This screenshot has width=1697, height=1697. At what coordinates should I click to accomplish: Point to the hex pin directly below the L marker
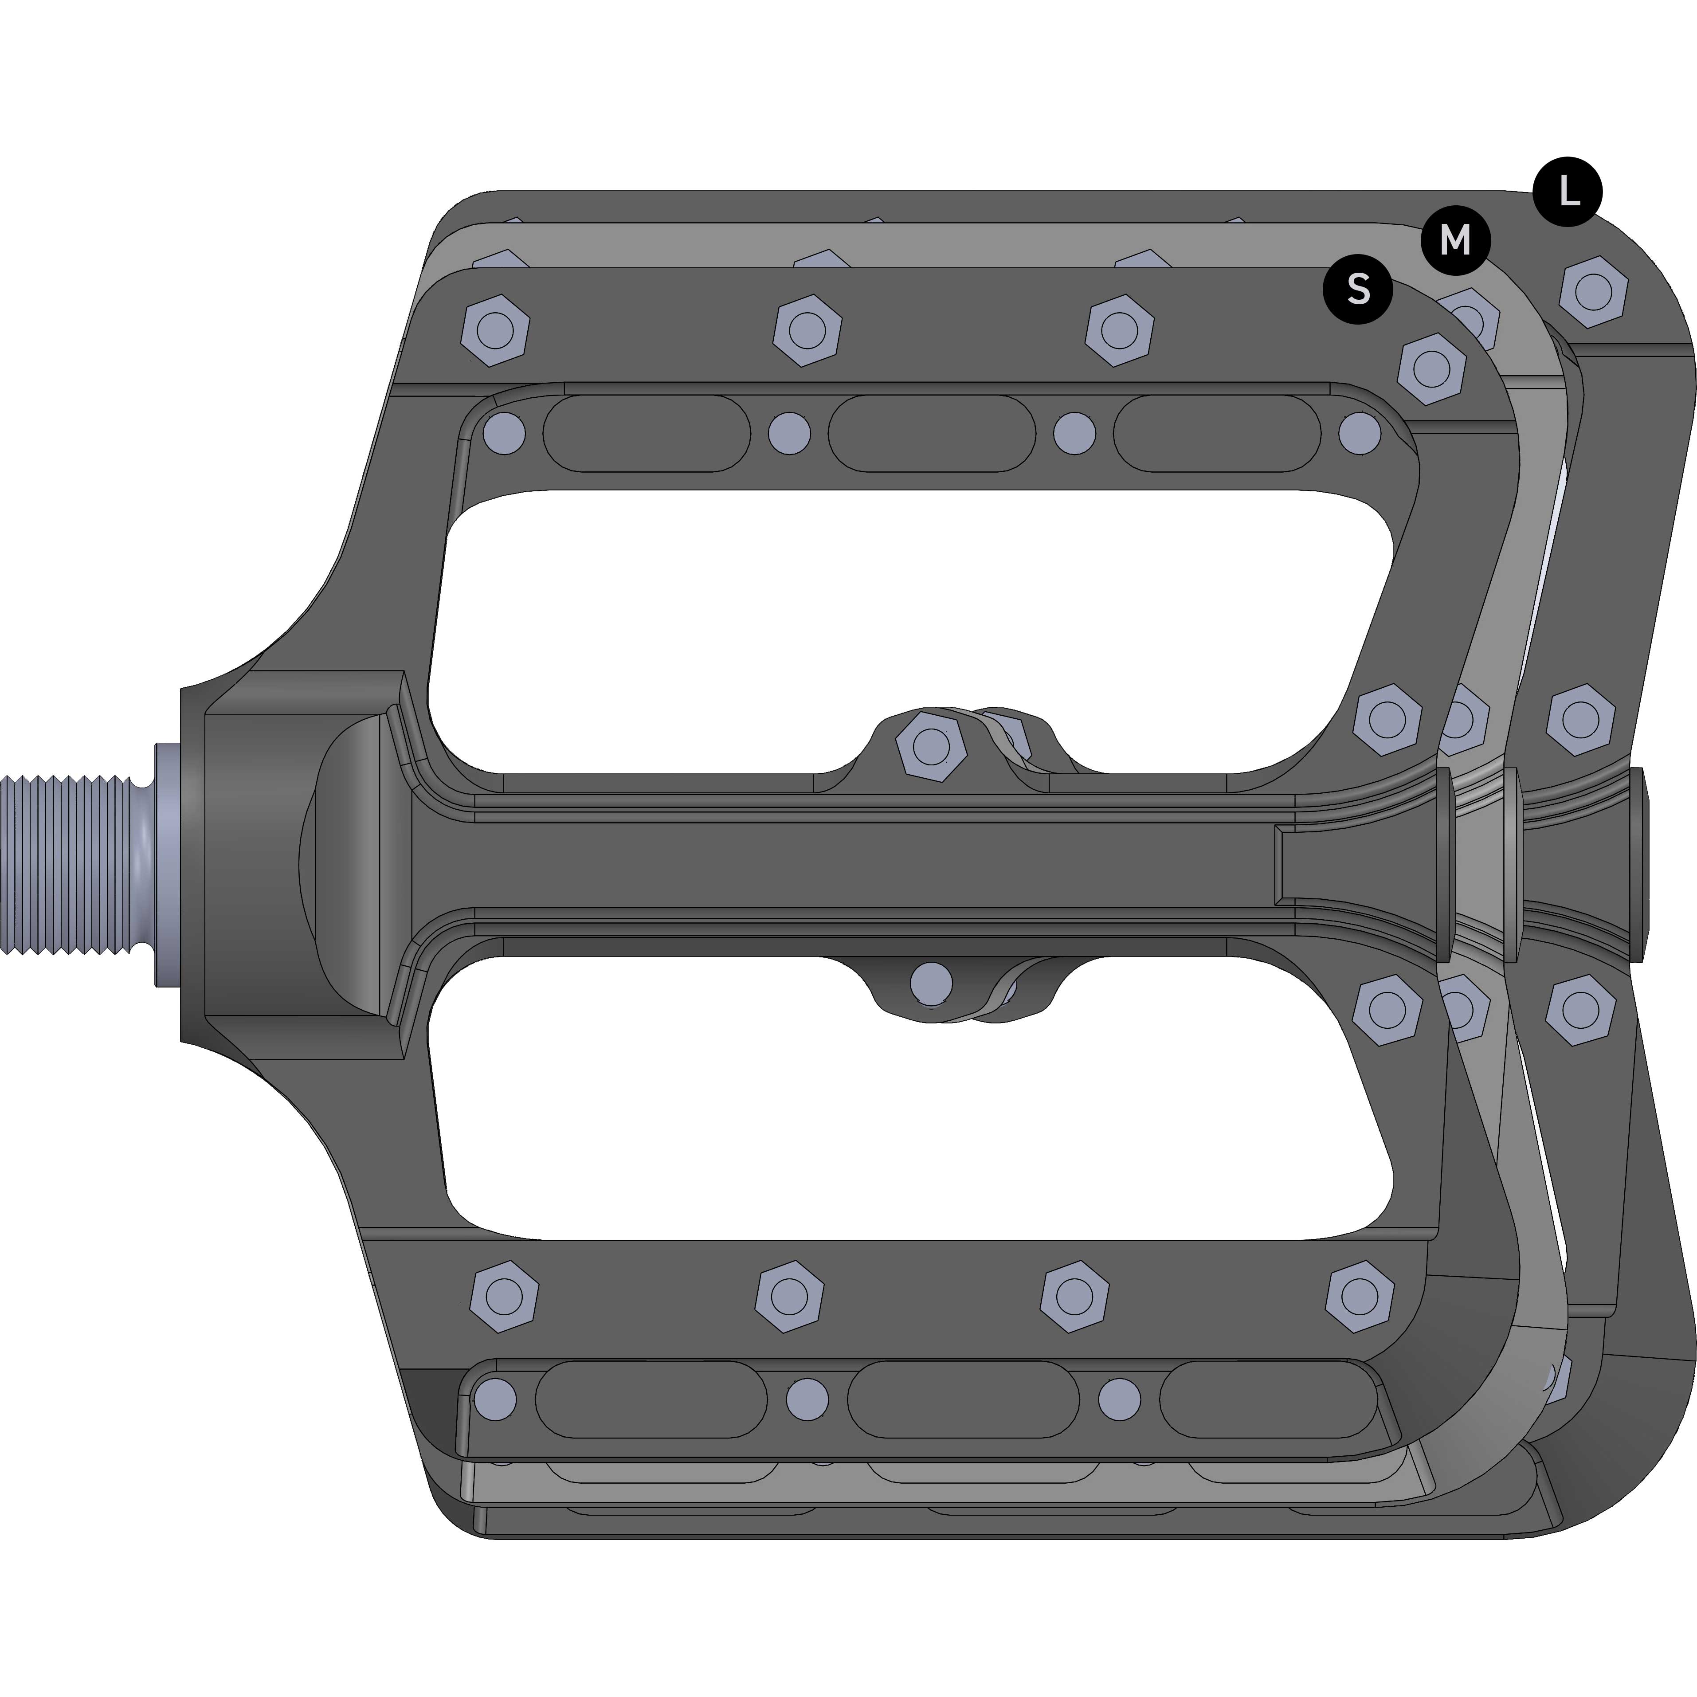(x=1593, y=292)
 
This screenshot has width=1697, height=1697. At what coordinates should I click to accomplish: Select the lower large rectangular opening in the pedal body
(x=913, y=1098)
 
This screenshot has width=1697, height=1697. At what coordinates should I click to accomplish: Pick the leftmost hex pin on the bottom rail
(x=504, y=1296)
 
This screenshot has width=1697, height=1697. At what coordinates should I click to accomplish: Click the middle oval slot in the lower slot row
(x=963, y=1399)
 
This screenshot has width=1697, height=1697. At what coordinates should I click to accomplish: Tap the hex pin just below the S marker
(x=1431, y=368)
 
